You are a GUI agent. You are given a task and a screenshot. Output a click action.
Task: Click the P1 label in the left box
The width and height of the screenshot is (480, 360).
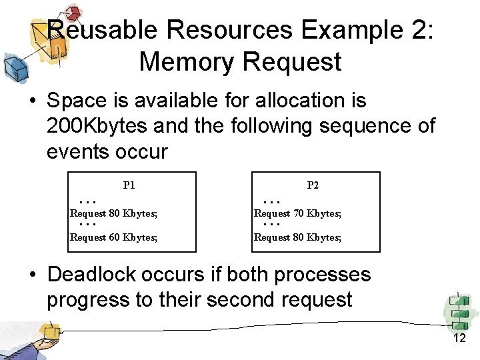click(x=129, y=185)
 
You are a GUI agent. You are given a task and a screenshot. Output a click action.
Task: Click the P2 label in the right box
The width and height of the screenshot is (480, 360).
click(x=313, y=185)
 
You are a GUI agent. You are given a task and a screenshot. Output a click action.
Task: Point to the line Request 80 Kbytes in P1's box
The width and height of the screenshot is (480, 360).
click(x=114, y=214)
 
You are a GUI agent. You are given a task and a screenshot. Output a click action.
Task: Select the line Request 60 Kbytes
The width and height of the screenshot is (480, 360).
click(x=114, y=237)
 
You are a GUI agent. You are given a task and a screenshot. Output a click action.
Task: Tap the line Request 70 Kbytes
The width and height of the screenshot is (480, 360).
click(x=298, y=214)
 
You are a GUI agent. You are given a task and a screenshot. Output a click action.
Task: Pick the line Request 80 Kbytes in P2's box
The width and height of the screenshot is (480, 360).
click(x=298, y=237)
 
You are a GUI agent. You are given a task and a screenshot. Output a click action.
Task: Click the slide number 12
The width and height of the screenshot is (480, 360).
click(x=459, y=339)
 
